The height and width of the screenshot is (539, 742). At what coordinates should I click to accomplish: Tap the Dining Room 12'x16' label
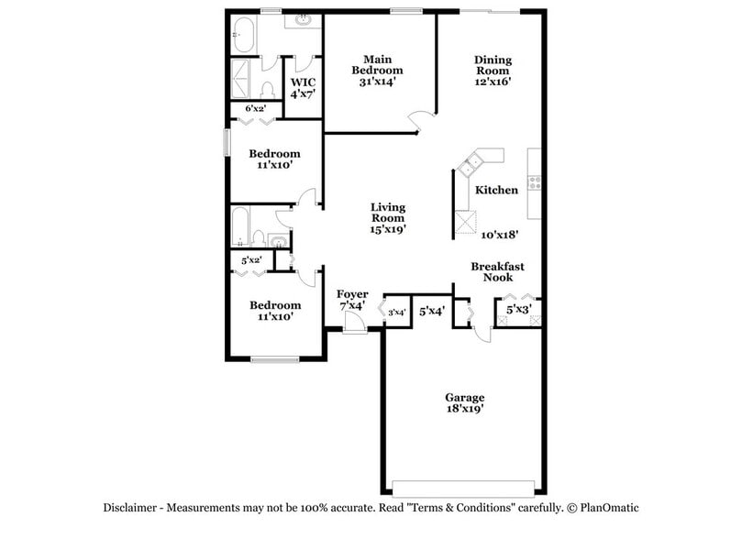(x=493, y=71)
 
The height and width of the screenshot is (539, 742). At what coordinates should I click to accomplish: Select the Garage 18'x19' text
(x=465, y=404)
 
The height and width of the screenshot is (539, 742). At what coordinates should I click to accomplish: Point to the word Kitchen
(x=496, y=190)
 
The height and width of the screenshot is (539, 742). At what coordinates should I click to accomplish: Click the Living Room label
(x=388, y=218)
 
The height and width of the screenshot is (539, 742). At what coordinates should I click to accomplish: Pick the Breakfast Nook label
(x=498, y=271)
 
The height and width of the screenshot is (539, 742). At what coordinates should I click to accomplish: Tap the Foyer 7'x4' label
(x=351, y=300)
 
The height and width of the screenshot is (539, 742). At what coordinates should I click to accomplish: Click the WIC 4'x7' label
(x=303, y=88)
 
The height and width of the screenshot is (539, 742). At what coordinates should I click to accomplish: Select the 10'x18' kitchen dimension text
(x=500, y=235)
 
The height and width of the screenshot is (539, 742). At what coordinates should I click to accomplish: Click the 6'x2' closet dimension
(x=256, y=108)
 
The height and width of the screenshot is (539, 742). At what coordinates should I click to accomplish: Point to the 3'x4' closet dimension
(x=398, y=313)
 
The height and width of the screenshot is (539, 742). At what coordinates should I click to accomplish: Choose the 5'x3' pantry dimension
(x=519, y=311)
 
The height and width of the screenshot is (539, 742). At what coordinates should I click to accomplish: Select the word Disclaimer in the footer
(x=131, y=508)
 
